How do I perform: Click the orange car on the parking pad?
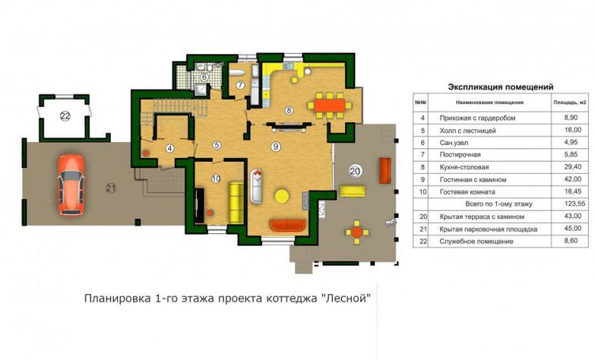coord(71,185)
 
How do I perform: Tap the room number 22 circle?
coord(65,116)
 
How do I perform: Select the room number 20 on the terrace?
coord(355,172)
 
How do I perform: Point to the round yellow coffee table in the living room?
coord(282,196)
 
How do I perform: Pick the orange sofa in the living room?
coord(288,225)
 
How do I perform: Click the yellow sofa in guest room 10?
coord(236,203)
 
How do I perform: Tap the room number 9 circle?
coord(276,146)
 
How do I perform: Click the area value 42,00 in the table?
coord(572,179)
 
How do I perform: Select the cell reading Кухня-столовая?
coord(464,167)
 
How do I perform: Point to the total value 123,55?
coord(572,204)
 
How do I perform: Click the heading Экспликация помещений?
coord(501,87)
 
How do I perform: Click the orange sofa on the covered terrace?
coord(385,171)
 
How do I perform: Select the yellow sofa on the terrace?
coord(353,191)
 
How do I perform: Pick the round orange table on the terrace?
coord(356,232)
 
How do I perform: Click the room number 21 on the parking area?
coord(111,188)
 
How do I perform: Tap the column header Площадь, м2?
coord(570,102)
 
